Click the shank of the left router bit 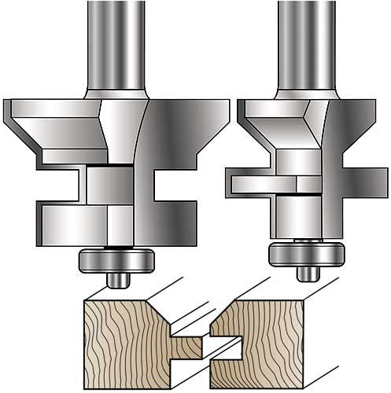pos(116,39)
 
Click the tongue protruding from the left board pos(190,343)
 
